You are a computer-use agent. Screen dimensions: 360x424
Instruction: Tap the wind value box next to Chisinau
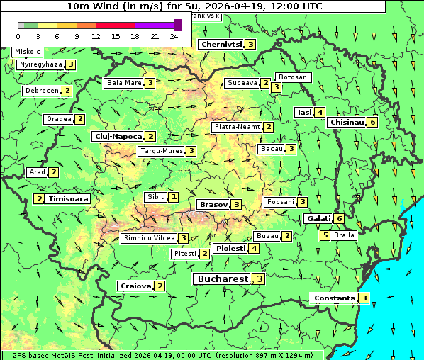coord(373,122)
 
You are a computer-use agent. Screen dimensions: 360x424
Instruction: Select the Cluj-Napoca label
coord(118,136)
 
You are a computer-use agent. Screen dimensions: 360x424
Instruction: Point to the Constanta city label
coord(334,298)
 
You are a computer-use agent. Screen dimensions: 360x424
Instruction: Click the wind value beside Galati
coord(340,219)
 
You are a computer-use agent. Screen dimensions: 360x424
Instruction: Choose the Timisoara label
coord(69,199)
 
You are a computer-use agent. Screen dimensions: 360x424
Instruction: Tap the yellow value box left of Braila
coord(325,235)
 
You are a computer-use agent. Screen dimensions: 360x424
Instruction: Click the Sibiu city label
coord(155,196)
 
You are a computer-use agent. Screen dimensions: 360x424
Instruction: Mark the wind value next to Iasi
coord(320,112)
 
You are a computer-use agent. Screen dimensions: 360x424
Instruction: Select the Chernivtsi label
coord(221,45)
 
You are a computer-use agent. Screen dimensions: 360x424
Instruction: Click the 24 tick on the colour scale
coord(174,35)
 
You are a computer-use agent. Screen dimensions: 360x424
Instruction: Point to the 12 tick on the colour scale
coord(96,35)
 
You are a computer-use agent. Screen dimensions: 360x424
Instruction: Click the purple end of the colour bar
coord(177,25)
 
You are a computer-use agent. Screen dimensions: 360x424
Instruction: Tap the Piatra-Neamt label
coord(238,127)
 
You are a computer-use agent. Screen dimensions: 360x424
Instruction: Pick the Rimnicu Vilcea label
coord(148,238)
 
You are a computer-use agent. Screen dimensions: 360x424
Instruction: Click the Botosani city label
coord(294,77)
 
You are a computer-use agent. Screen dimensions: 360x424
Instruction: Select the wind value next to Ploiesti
coord(254,249)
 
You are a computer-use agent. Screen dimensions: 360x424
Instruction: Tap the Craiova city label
coord(136,286)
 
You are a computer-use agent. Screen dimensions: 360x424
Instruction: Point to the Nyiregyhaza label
coord(41,64)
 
